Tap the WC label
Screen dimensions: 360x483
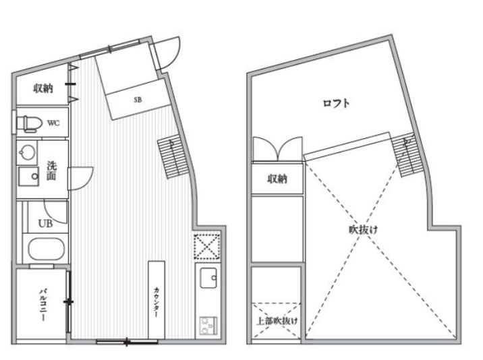(x=54, y=123)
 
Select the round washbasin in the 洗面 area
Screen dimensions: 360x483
(x=28, y=152)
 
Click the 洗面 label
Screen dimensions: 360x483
(x=52, y=171)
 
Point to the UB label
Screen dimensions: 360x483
(x=45, y=223)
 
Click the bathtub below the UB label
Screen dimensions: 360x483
(x=45, y=249)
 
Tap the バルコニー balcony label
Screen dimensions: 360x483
(x=42, y=304)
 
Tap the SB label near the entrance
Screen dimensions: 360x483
(x=138, y=99)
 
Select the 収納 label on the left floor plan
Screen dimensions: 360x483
(x=44, y=88)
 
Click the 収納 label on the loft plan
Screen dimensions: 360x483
(x=277, y=179)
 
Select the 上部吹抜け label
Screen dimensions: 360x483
(x=277, y=321)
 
